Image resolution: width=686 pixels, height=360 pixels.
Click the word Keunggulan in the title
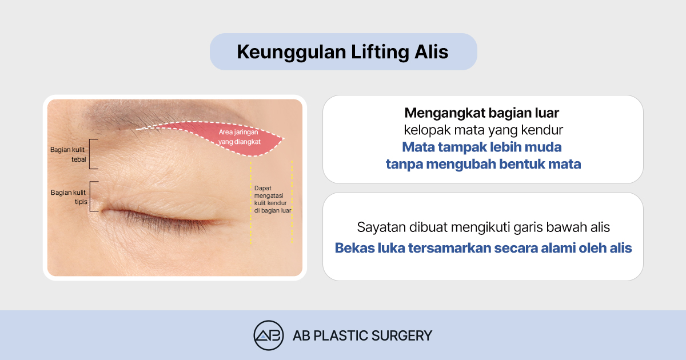coord(292,52)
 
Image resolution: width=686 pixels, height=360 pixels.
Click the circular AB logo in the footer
coord(269,335)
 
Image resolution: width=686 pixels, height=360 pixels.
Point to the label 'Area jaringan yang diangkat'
coord(239,137)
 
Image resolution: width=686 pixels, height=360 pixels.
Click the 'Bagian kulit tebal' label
coord(68,154)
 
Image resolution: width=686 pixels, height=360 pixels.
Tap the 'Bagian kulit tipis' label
coord(69,197)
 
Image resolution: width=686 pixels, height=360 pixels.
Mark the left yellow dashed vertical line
coord(250,202)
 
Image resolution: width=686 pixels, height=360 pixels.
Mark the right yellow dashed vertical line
coord(292,202)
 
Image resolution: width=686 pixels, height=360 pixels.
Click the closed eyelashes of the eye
coord(159,222)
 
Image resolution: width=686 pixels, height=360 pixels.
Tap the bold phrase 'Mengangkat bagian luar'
coord(482,113)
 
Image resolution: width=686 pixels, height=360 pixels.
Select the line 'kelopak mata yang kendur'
coord(483,130)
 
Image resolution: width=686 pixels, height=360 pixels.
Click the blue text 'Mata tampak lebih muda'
coord(482,147)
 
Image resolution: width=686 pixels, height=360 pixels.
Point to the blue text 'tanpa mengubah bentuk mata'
coord(483,164)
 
